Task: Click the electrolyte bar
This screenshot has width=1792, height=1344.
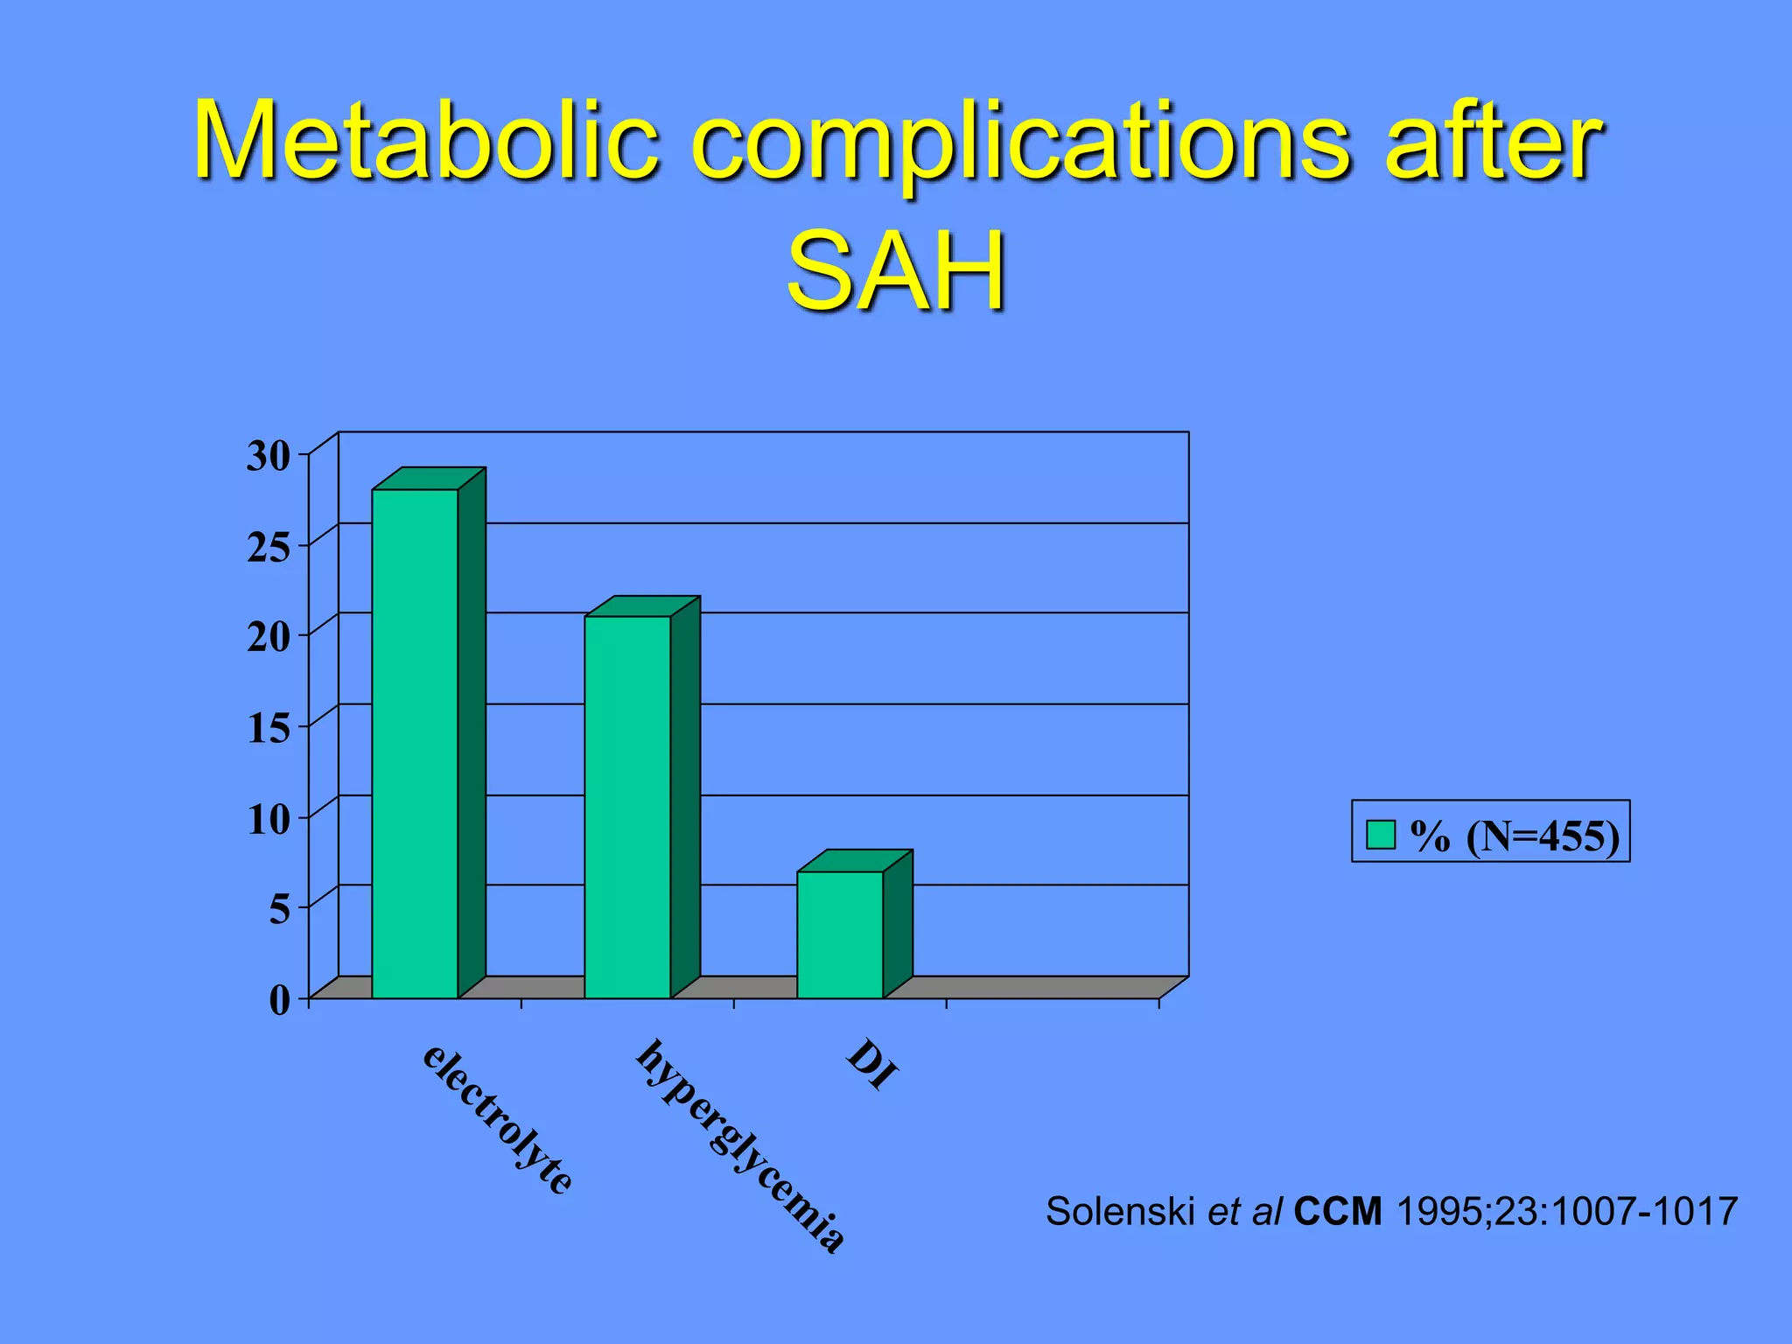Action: point(415,744)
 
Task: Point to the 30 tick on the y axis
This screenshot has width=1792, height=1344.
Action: point(268,456)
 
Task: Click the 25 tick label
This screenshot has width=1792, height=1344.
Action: point(268,548)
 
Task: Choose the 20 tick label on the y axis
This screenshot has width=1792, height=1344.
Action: point(268,637)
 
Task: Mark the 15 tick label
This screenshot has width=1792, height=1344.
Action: point(268,728)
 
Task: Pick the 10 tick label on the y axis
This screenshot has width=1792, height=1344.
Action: point(268,819)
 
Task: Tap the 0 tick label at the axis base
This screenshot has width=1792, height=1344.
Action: point(279,999)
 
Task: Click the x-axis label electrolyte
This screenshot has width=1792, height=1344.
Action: point(497,1118)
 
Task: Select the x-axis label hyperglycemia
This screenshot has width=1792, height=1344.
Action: point(740,1146)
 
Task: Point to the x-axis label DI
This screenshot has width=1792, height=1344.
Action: point(872,1064)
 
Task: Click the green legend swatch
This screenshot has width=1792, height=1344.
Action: point(1380,834)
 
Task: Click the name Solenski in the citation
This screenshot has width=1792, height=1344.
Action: point(1120,1212)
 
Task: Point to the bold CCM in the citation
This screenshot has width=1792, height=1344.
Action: point(1337,1212)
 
